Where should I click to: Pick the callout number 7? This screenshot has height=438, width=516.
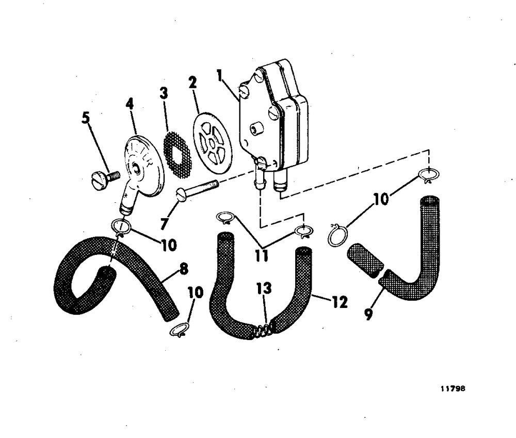[x=164, y=224]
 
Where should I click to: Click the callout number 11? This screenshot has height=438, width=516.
[x=262, y=255]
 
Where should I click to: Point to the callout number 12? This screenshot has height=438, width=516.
[x=340, y=301]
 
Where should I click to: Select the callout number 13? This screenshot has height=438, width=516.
[x=264, y=288]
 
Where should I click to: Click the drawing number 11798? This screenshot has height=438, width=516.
[x=453, y=390]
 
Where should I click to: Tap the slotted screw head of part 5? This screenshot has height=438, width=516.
[x=99, y=181]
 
